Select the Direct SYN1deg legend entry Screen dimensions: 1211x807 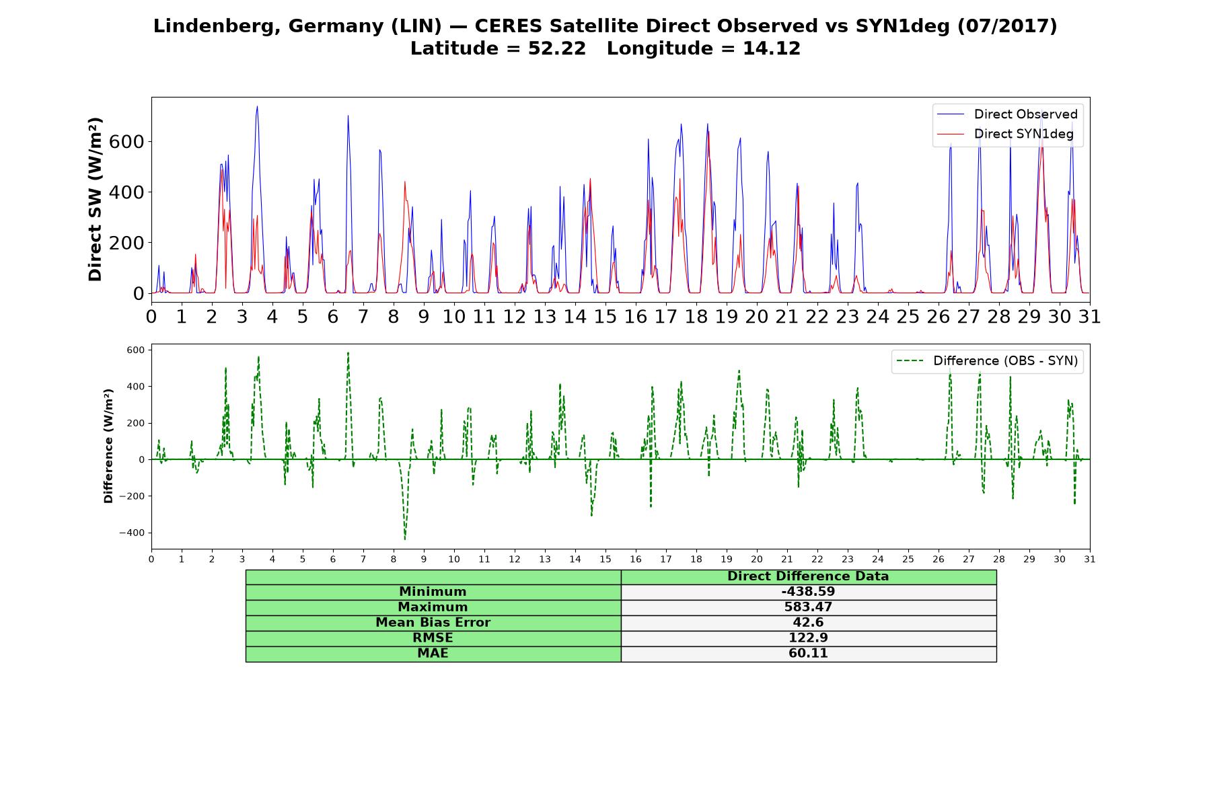point(1006,134)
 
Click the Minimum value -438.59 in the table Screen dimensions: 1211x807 point(808,592)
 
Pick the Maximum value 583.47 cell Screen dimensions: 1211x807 point(808,607)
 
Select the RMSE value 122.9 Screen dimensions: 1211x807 point(808,638)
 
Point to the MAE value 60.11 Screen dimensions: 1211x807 point(808,654)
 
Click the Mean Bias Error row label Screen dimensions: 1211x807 point(433,623)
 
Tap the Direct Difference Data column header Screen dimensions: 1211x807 point(808,576)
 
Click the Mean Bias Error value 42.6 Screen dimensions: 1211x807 point(808,623)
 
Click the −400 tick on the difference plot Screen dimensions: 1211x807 point(132,533)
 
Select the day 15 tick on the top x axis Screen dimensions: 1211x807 point(605,316)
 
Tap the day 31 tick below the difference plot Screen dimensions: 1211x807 point(1090,560)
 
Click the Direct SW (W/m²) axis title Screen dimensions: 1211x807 point(95,200)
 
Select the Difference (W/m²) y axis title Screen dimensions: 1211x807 point(108,447)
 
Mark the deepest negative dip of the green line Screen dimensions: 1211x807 point(405,539)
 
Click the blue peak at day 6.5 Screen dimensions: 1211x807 point(348,116)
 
